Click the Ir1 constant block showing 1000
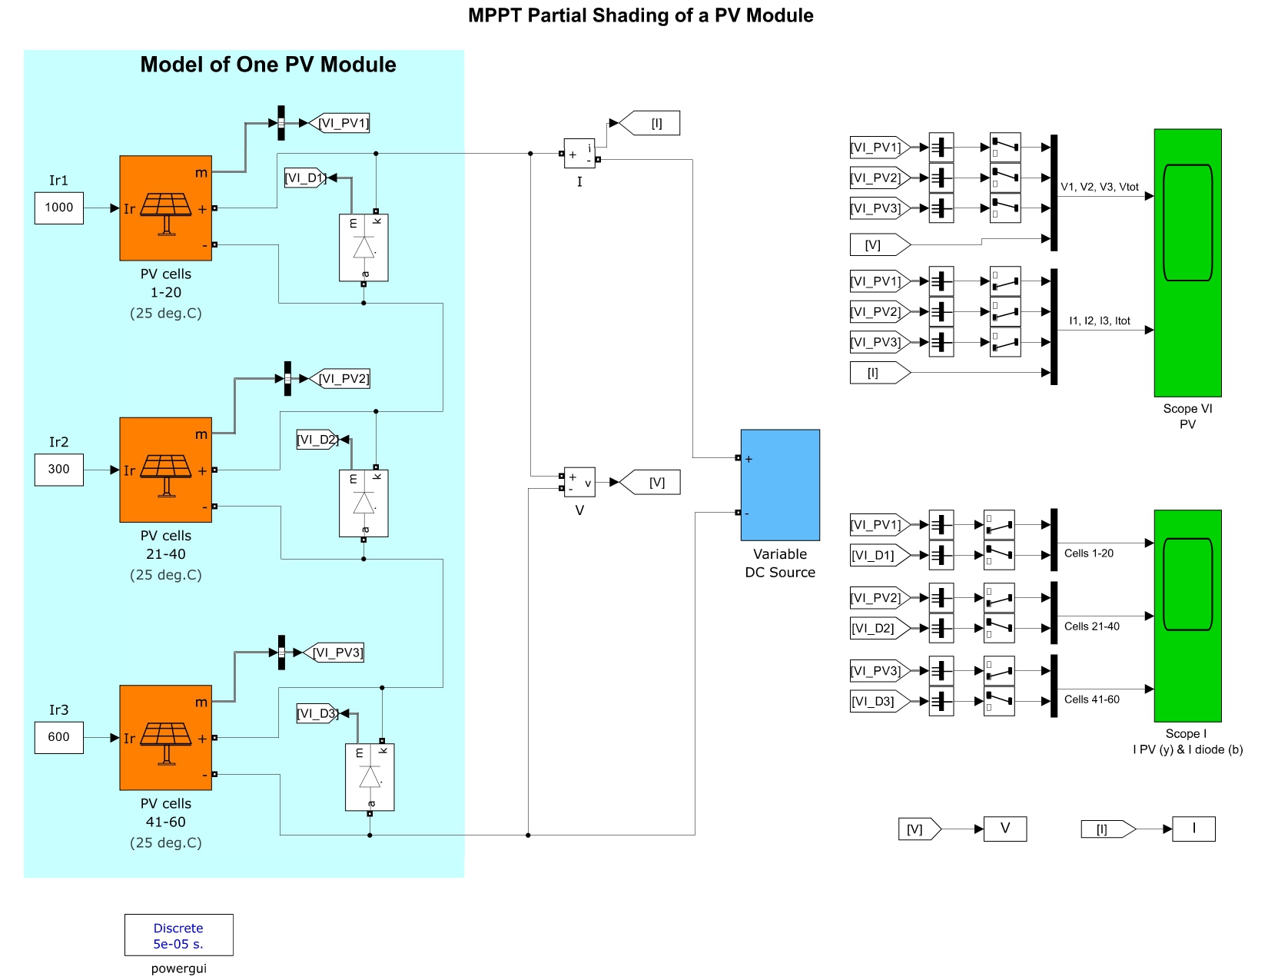pyautogui.click(x=58, y=208)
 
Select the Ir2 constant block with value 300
pyautogui.click(x=58, y=470)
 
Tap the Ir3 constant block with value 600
pyautogui.click(x=58, y=737)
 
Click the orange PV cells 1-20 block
pyautogui.click(x=165, y=208)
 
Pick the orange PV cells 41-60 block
pyautogui.click(x=165, y=737)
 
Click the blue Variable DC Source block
pyautogui.click(x=780, y=484)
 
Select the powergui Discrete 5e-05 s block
pyautogui.click(x=178, y=935)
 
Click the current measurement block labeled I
pyautogui.click(x=579, y=154)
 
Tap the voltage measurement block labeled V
pyautogui.click(x=579, y=482)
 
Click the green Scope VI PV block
pyautogui.click(x=1187, y=262)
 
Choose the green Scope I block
pyautogui.click(x=1187, y=615)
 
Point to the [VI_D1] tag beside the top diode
pyautogui.click(x=305, y=178)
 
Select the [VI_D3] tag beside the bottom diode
pyautogui.click(x=317, y=713)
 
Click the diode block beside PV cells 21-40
pyautogui.click(x=363, y=503)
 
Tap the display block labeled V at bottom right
pyautogui.click(x=1004, y=829)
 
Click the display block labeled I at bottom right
pyautogui.click(x=1193, y=829)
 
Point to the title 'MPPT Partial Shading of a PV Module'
pyautogui.click(x=640, y=15)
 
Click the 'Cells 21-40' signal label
pyautogui.click(x=1091, y=626)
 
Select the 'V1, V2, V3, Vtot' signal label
pyautogui.click(x=1099, y=187)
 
